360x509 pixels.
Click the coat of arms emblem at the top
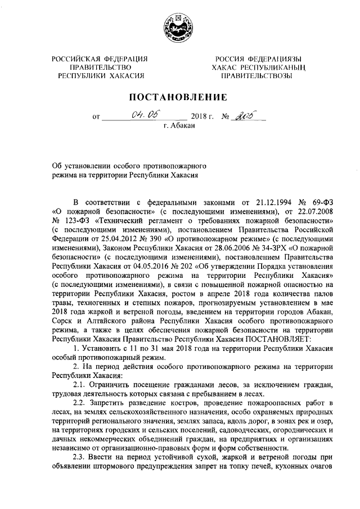click(179, 27)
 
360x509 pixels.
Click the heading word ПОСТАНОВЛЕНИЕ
click(179, 97)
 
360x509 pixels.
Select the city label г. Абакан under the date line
click(179, 127)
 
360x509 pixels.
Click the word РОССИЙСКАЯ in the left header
click(74, 59)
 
